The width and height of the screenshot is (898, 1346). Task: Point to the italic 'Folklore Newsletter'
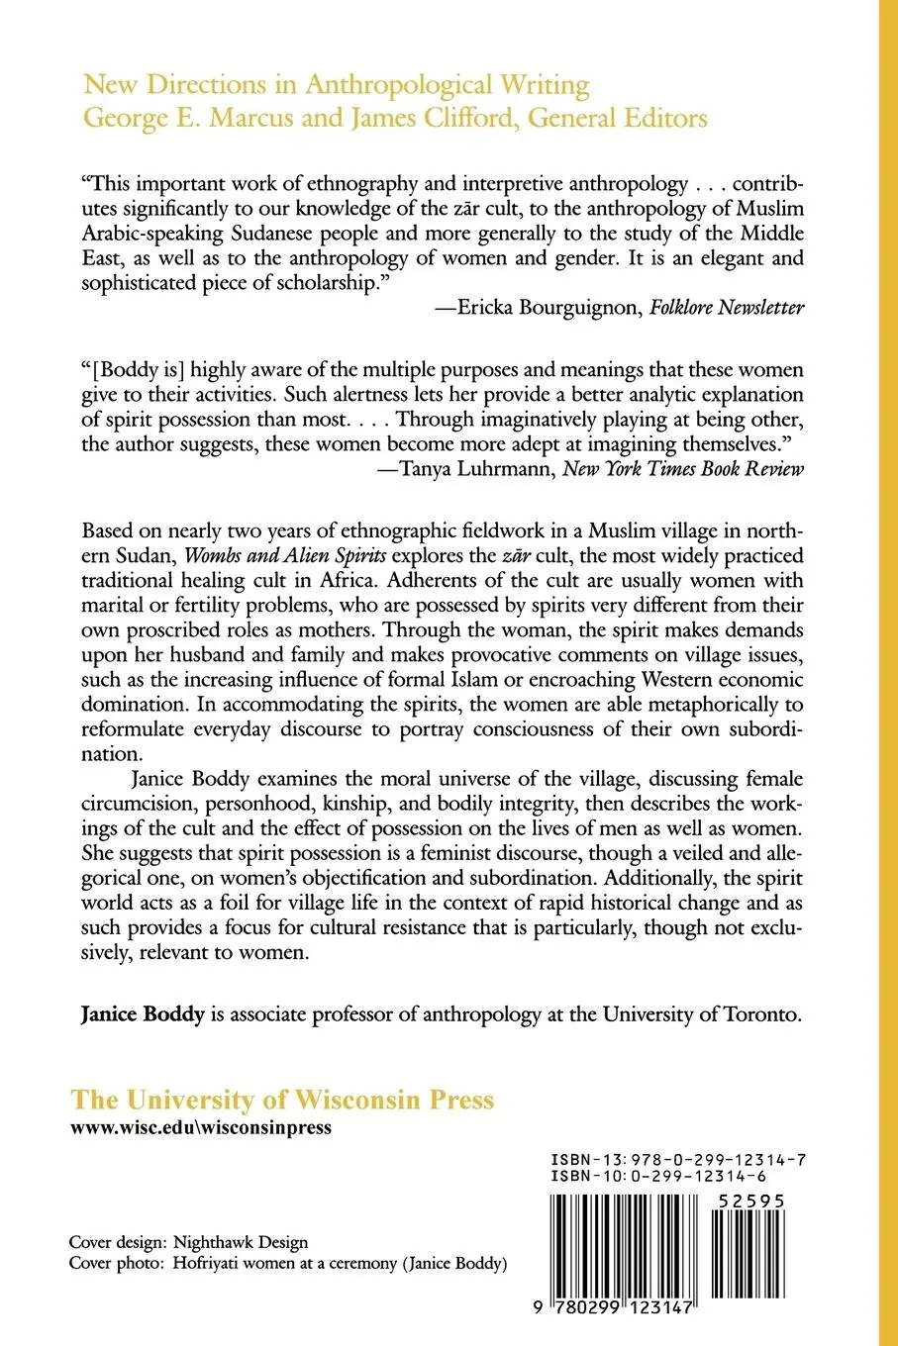(x=727, y=308)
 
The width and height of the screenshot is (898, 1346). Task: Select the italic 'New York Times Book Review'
(x=683, y=469)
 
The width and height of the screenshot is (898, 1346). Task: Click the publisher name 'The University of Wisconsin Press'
(x=282, y=1101)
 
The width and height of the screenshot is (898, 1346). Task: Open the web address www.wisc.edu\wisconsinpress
(x=201, y=1127)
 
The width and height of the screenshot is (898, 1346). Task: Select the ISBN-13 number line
(x=677, y=1159)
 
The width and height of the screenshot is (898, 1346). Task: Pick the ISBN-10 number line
(x=657, y=1176)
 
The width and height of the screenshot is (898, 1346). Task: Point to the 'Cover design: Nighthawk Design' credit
(x=188, y=1242)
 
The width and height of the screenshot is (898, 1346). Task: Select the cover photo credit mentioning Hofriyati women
(x=288, y=1264)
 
